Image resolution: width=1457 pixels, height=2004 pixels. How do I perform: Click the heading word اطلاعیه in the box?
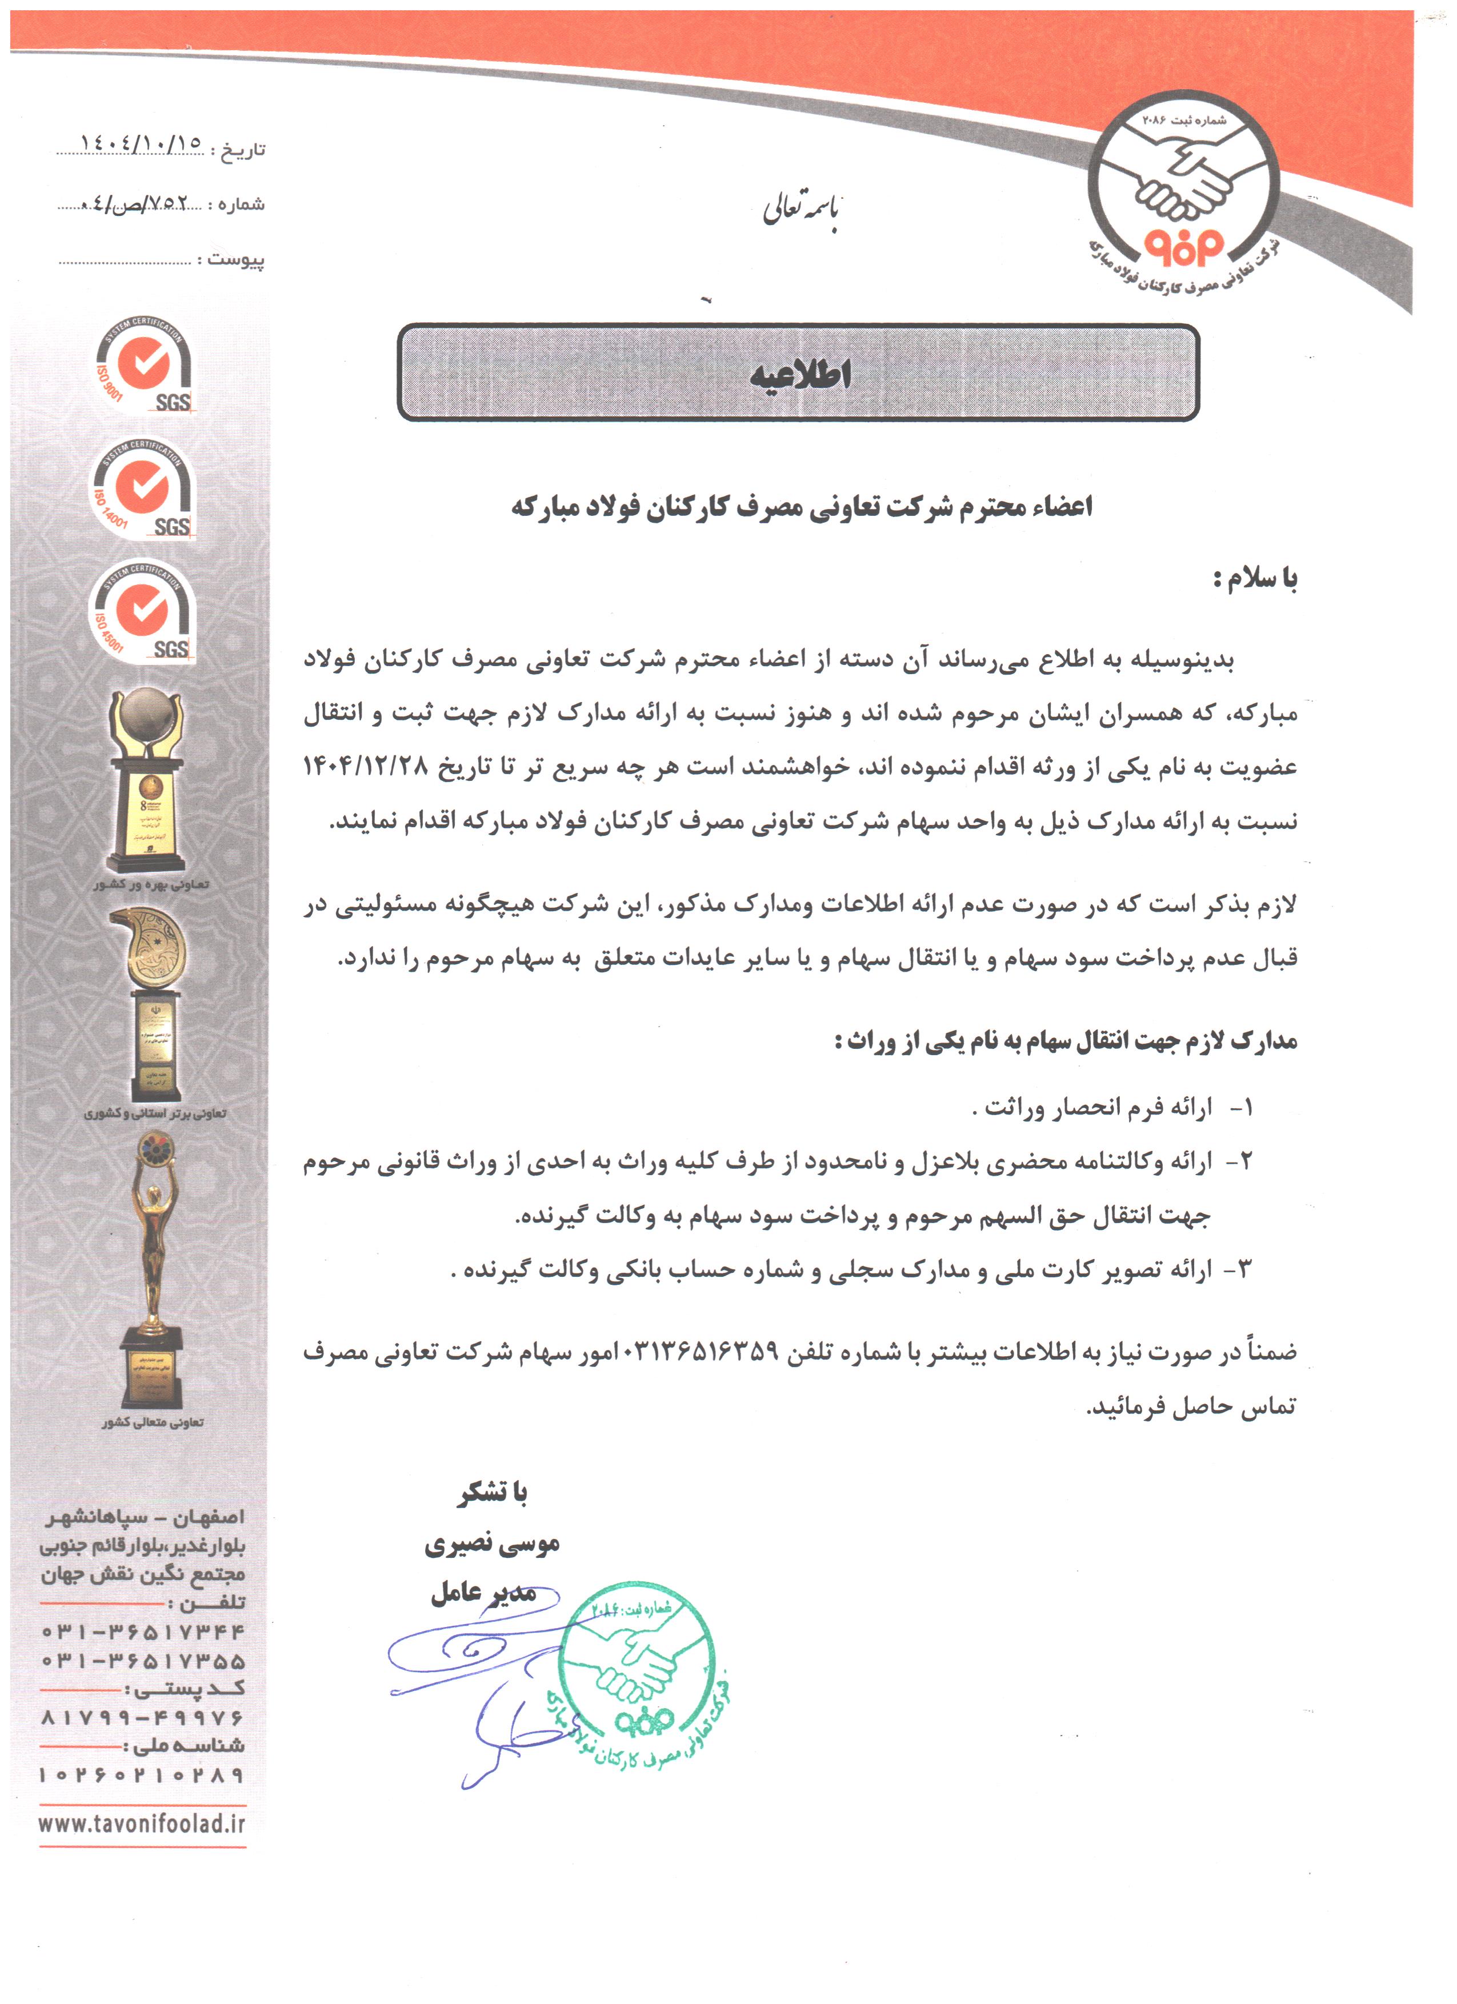click(799, 375)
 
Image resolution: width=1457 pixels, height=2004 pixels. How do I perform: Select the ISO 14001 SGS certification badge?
click(143, 488)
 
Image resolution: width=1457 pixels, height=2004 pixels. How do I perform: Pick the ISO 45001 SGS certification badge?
click(143, 611)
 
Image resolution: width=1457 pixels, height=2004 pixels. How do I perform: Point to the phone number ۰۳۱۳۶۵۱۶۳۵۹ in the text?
click(702, 1351)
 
